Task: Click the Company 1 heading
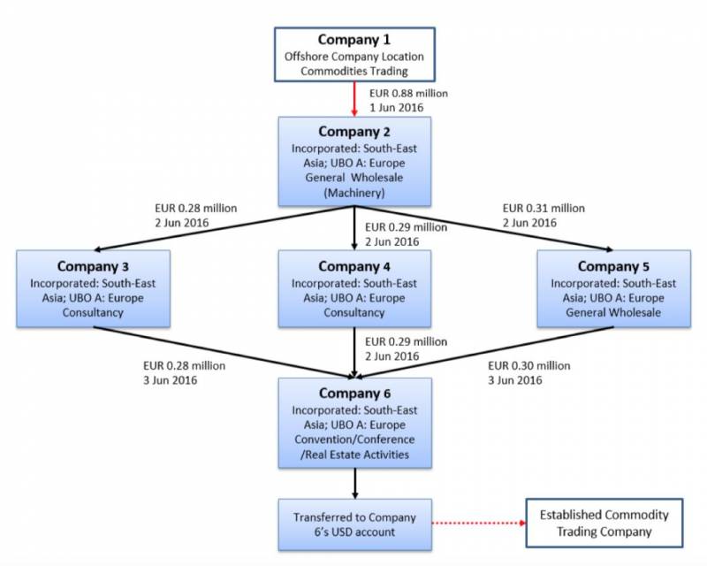coord(353,41)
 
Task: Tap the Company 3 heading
coord(94,266)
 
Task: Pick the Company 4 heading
coord(354,266)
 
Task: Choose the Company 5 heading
coord(614,266)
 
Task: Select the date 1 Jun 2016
coord(394,107)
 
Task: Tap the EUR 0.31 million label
coord(544,208)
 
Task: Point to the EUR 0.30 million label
coord(528,364)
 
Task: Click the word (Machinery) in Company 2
coord(354,191)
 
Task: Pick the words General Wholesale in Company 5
coord(614,312)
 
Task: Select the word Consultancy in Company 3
coord(94,312)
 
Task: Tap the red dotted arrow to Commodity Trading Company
coord(477,524)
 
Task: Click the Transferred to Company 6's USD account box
coord(354,524)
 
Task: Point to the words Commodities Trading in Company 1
coord(353,72)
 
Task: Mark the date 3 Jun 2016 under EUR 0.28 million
coord(171,380)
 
